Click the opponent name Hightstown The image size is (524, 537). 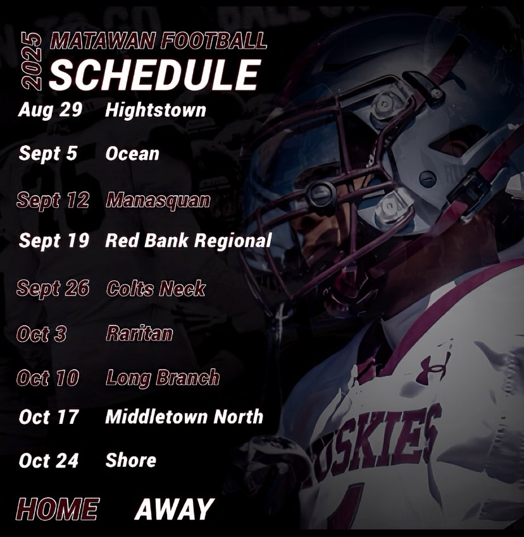point(156,110)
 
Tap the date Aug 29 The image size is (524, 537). point(51,110)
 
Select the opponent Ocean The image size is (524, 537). point(132,154)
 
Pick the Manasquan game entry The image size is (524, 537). point(158,201)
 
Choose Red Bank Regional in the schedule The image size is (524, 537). point(188,241)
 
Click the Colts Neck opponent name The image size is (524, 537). point(156,289)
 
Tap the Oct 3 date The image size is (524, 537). point(42,334)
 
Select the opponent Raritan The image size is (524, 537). point(139,334)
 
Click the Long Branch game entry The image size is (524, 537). point(162,378)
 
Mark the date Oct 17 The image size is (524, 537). point(49,417)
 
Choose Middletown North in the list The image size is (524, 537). point(184,417)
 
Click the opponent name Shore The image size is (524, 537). point(130,461)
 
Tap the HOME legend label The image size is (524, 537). point(57,509)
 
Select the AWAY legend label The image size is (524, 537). point(174,509)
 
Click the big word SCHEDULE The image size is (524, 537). point(154,75)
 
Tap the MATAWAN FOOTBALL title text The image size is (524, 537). point(158,41)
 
